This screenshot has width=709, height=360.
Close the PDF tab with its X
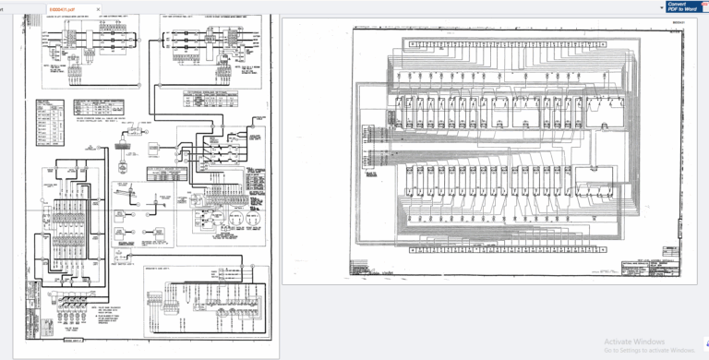click(97, 8)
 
